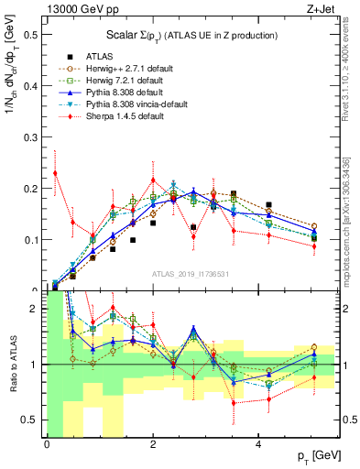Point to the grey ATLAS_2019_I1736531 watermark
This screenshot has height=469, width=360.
(x=192, y=274)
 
